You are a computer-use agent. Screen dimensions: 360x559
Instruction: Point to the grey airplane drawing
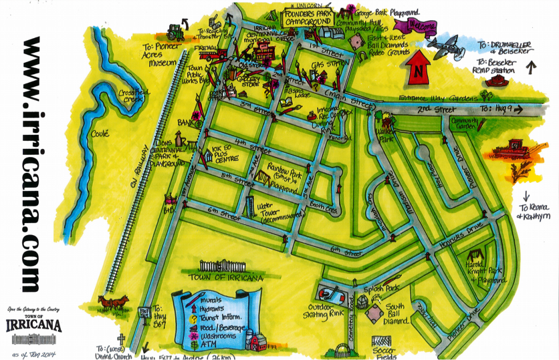[x=446, y=45]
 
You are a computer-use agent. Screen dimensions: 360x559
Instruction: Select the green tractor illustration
[x=176, y=32]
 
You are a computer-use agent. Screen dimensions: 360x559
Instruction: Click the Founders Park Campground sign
[x=306, y=16]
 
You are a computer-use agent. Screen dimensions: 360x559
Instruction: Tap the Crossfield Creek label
[x=136, y=96]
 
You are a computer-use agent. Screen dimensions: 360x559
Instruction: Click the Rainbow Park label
[x=288, y=176]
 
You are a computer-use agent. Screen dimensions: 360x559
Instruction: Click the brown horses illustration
[x=114, y=301]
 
